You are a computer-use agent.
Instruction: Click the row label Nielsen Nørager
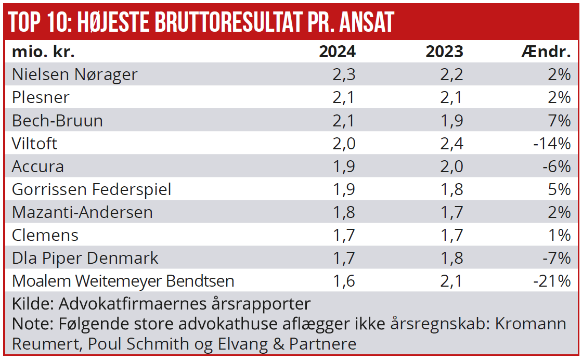pos(74,74)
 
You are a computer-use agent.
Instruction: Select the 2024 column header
pos(337,52)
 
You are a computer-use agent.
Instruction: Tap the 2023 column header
pos(444,52)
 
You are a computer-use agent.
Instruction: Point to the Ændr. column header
pos(546,52)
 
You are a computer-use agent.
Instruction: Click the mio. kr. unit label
pos(44,52)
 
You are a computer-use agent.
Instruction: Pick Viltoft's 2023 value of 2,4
pos(451,144)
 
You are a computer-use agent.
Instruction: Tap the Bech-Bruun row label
pos(57,121)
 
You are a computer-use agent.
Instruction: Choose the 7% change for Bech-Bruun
pos(559,121)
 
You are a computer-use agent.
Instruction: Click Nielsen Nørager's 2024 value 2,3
pos(344,74)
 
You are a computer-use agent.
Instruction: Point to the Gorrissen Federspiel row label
pos(92,189)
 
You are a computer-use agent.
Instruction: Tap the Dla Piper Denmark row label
pos(85,258)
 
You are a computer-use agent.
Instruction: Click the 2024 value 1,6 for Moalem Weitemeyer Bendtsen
pos(344,281)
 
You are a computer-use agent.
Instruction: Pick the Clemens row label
pos(45,235)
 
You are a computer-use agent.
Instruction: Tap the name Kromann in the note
pos(530,324)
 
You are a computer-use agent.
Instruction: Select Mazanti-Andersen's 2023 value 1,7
pos(451,212)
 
